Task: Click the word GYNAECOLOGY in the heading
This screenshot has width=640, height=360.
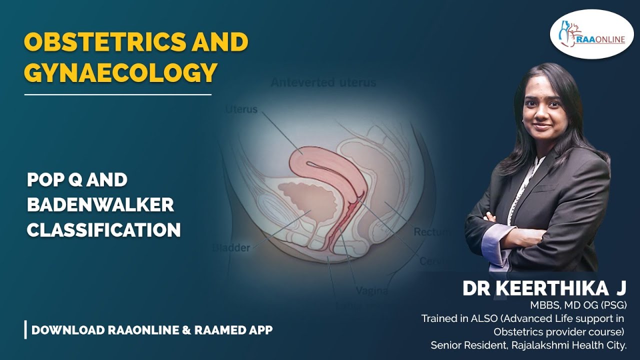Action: tap(120, 72)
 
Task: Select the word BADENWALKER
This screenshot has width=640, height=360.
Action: tap(100, 204)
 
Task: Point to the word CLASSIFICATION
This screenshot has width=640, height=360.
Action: tap(103, 230)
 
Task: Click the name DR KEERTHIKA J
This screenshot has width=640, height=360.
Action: tap(544, 288)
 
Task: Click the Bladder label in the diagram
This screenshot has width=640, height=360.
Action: tap(231, 247)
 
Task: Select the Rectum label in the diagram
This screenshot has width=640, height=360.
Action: tap(431, 232)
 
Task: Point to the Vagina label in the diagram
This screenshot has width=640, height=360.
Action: tap(371, 290)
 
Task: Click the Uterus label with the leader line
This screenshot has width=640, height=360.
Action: tap(241, 108)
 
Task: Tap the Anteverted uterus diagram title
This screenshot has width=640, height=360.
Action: tap(323, 82)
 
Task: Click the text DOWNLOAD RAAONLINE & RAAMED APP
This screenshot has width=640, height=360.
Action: tap(152, 330)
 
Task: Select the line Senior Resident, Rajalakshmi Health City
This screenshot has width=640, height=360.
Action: tap(528, 344)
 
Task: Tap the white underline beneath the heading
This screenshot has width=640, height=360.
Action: tap(117, 94)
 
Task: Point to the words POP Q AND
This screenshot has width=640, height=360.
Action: tap(77, 180)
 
